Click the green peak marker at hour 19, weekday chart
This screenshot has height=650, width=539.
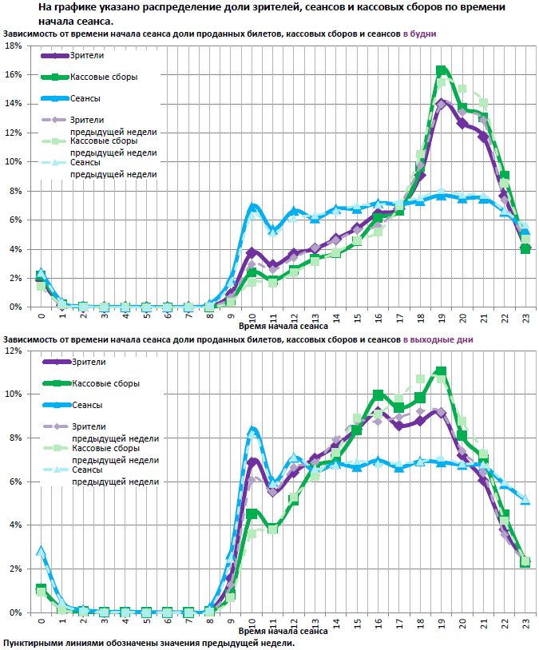coord(442,70)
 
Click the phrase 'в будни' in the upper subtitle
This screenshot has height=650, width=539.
coord(418,34)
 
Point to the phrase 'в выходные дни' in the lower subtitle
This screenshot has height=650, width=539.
coord(439,339)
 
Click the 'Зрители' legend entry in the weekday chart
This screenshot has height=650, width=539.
coord(87,55)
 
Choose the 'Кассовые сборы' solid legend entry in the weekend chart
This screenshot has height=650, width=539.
coord(105,383)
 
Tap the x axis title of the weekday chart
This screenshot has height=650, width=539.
coord(282,326)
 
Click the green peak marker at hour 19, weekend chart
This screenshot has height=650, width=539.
coord(442,371)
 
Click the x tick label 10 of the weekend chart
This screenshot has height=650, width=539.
coord(252,620)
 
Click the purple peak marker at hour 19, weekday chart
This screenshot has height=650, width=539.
coord(442,103)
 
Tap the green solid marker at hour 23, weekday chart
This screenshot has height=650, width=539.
coord(525,248)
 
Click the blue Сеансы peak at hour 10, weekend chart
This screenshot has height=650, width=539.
coord(252,430)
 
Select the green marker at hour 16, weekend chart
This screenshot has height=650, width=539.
coord(378,394)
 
